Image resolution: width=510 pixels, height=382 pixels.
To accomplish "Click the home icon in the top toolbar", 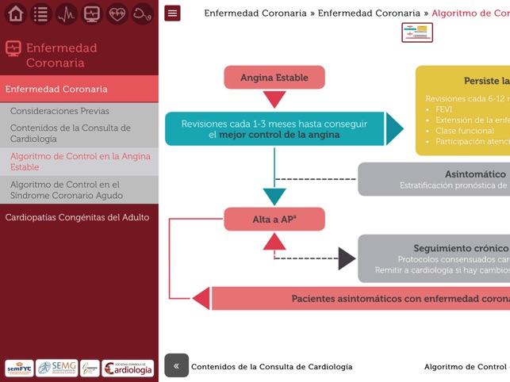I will pos(16,13).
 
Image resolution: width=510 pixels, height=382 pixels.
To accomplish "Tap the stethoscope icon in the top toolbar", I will pos(143,13).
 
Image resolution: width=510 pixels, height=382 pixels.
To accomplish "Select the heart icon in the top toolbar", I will pos(117,13).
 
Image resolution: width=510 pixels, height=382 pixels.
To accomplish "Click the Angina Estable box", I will pos(274,78).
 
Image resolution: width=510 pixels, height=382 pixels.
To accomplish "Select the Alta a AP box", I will pos(274,220).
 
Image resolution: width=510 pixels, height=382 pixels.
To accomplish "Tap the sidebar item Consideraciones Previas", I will pos(59,111).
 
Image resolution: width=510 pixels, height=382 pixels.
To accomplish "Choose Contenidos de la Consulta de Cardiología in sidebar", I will pos(70,133).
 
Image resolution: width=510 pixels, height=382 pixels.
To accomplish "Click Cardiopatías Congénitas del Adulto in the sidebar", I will pos(77,217).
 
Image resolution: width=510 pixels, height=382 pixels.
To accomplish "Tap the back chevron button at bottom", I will pos(176,365).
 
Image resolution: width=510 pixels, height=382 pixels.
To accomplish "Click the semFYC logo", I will pos(19,368).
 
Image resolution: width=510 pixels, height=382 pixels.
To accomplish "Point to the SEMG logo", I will pos(56,368).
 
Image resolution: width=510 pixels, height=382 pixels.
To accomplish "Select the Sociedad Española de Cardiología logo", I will pos(128,368).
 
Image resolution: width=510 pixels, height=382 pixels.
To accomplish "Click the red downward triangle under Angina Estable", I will pos(274,99).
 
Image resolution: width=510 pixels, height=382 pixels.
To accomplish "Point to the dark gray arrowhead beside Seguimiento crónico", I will pos(347,258).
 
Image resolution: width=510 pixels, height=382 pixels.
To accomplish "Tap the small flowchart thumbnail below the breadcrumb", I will pos(417,32).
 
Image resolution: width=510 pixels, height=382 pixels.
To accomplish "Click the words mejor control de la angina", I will pos(279,135).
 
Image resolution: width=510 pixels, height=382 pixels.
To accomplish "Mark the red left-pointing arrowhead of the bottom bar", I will pos(201,298).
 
